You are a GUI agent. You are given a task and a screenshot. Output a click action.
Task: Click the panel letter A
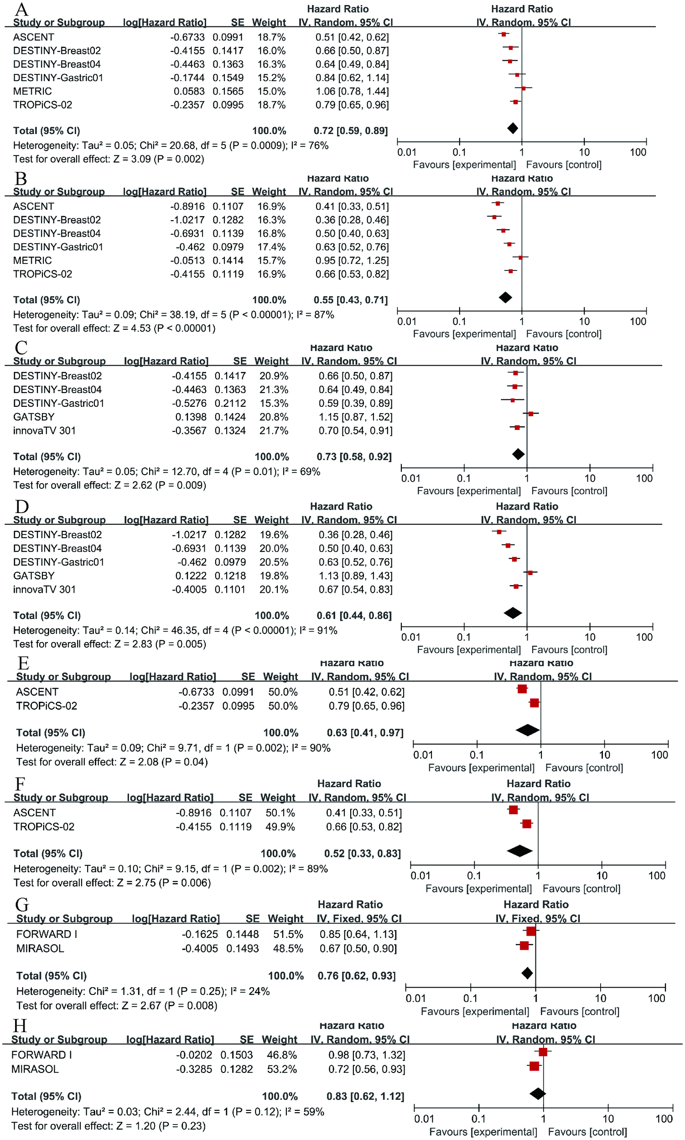tap(21, 9)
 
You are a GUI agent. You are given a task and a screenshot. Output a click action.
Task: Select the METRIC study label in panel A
tap(32, 91)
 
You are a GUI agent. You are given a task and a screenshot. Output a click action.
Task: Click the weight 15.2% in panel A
tap(271, 78)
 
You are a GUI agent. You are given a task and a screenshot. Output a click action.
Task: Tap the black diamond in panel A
tap(512, 128)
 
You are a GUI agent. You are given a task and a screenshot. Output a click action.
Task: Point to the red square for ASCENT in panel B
tap(498, 203)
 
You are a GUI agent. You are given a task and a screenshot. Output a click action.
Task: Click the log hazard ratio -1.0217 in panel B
tap(187, 220)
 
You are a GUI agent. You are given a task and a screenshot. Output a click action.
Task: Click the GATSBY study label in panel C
tap(34, 417)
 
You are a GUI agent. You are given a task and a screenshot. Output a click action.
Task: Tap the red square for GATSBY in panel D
tap(530, 573)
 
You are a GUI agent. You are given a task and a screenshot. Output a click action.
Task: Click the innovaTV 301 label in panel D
tap(44, 590)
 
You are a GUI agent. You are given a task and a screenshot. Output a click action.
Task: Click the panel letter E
tap(23, 663)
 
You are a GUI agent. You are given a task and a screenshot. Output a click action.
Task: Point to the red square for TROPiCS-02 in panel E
tap(534, 703)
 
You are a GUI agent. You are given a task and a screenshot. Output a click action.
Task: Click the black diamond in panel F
tap(520, 850)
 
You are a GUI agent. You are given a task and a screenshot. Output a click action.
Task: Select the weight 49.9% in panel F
tap(280, 827)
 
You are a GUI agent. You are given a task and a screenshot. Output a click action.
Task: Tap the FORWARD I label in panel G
tap(47, 934)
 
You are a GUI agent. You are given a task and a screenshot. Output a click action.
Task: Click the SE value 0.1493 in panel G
tap(242, 948)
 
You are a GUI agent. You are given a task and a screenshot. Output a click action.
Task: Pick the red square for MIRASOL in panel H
tap(534, 1066)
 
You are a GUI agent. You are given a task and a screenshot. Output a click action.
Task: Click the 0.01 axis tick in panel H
tap(424, 1119)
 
